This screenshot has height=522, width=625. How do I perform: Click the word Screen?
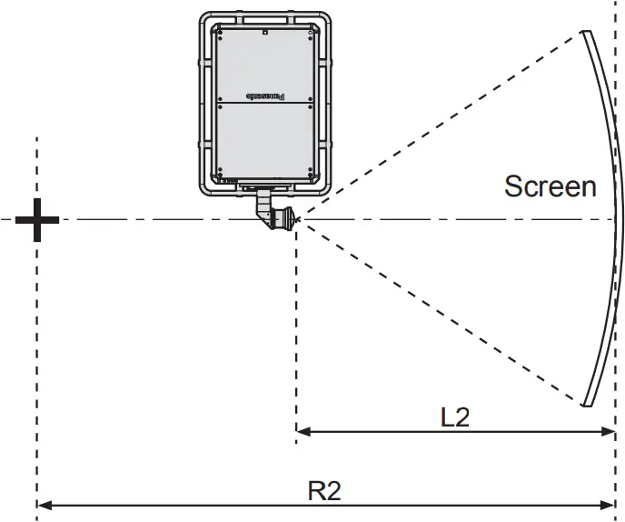(x=551, y=186)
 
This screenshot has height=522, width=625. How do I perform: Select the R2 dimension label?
(x=323, y=491)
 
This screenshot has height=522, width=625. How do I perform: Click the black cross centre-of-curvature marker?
(x=37, y=219)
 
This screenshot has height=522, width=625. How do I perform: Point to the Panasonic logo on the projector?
(x=265, y=95)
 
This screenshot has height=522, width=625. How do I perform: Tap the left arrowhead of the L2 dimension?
(x=303, y=430)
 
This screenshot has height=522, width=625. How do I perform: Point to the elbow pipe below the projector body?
(x=264, y=205)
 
